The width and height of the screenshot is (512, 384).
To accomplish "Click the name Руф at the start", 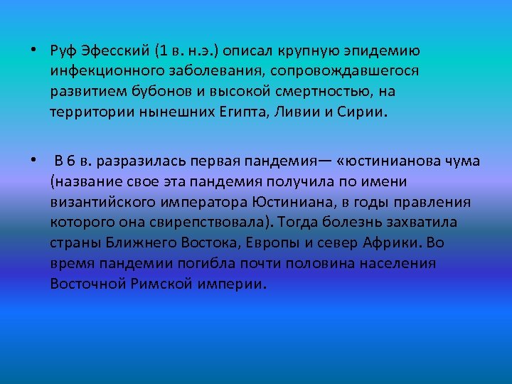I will (63, 51).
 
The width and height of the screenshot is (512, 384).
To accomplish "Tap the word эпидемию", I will (387, 51).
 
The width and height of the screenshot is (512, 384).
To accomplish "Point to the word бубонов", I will (177, 92).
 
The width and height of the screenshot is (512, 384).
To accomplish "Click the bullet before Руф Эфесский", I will (33, 51).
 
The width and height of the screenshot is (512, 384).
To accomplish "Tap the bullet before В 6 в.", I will (33, 161).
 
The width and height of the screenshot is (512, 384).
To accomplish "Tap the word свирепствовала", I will (196, 223).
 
